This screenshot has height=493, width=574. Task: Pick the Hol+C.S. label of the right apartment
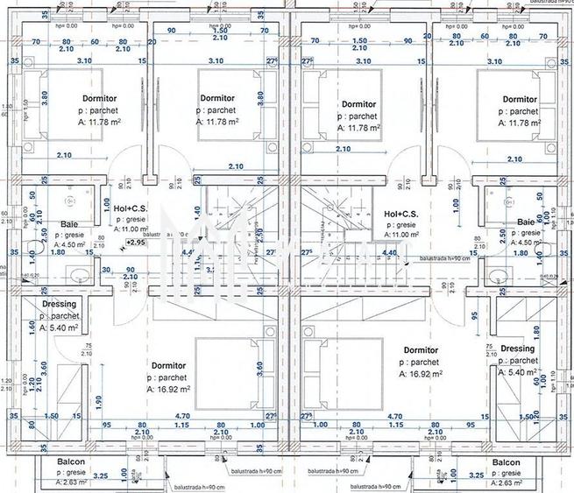point(402,214)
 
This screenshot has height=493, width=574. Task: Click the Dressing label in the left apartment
point(59,304)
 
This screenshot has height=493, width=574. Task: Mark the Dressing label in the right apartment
point(517,349)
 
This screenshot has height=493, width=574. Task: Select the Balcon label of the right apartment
point(507,461)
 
